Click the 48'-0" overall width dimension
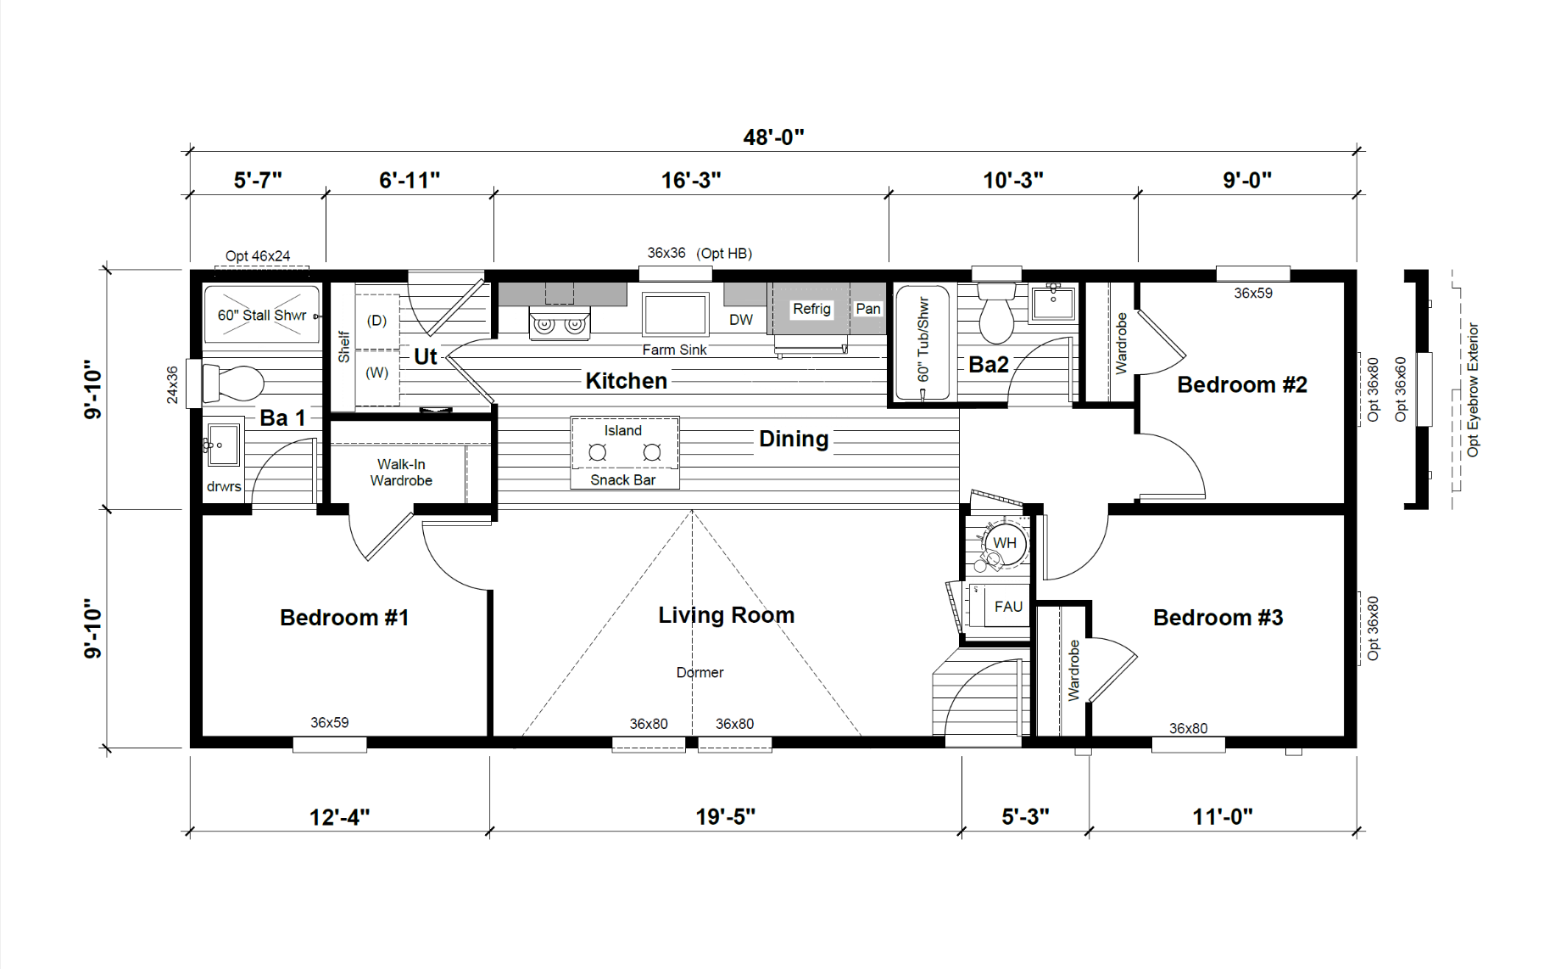pos(773,137)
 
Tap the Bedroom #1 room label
pos(344,618)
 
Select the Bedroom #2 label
pos(1242,385)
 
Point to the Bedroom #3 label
pos(1218,618)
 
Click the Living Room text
pos(727,615)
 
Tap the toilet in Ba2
pos(996,312)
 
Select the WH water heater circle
pos(1005,543)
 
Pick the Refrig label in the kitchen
pos(811,309)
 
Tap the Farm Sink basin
pos(675,314)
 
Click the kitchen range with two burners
pos(559,323)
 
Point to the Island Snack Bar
pos(624,453)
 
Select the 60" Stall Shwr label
pos(261,316)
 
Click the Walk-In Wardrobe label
pos(401,473)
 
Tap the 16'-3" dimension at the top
pos(691,181)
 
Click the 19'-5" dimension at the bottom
pos(726,817)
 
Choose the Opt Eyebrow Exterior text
pos(1473,389)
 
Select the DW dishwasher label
pos(741,320)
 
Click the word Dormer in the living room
pos(700,673)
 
